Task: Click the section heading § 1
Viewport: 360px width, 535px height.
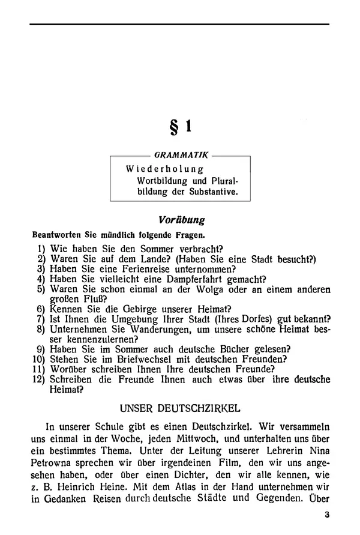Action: pyautogui.click(x=181, y=127)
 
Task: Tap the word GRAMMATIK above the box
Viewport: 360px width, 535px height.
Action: pyautogui.click(x=179, y=155)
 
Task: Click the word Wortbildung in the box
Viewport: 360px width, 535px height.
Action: pyautogui.click(x=161, y=181)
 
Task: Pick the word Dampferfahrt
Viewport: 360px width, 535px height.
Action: pyautogui.click(x=202, y=279)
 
